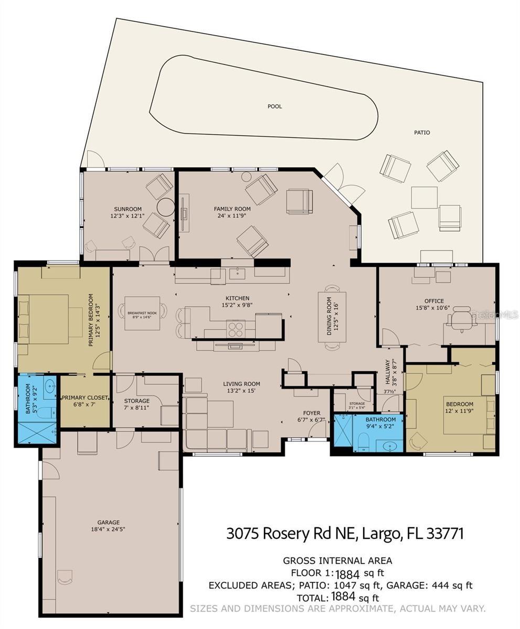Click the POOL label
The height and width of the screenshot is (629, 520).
[x=274, y=106]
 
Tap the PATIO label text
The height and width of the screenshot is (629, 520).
[x=422, y=133]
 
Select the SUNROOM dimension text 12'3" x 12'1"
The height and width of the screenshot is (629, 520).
[x=128, y=216]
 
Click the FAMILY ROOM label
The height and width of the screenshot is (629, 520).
[x=232, y=209]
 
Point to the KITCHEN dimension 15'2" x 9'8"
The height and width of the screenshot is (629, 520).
[x=238, y=305]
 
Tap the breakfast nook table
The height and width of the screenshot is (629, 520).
[x=142, y=313]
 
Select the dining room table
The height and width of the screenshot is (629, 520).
[x=332, y=317]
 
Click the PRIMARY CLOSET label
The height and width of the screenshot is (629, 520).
[x=85, y=398]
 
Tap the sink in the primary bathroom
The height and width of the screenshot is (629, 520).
[x=50, y=388]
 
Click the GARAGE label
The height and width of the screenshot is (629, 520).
[x=108, y=522]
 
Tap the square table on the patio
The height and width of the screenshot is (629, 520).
[x=424, y=197]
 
